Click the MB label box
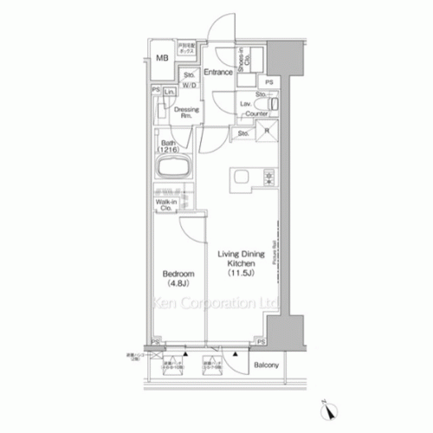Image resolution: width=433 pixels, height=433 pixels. [x=162, y=58]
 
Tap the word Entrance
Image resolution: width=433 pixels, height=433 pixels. [x=217, y=72]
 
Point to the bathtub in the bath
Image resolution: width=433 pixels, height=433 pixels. [x=171, y=168]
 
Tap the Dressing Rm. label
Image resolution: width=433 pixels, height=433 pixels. [x=187, y=113]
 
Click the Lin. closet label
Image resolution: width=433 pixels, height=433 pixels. [x=171, y=93]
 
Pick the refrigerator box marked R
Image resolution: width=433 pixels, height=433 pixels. [x=267, y=132]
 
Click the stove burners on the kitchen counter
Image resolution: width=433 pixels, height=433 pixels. [x=267, y=178]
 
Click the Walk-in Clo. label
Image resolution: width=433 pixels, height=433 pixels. [x=167, y=205]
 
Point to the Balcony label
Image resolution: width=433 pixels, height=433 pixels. [x=266, y=365]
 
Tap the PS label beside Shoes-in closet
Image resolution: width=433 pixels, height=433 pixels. [x=269, y=82]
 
